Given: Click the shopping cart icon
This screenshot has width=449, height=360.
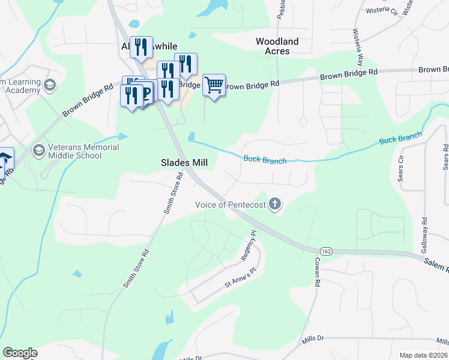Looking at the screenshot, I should click(214, 86).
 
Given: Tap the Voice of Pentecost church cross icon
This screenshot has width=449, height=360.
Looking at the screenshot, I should click(275, 204).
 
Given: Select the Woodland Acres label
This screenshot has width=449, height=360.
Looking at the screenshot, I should click(277, 46).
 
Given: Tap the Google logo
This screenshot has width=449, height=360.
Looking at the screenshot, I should click(20, 353).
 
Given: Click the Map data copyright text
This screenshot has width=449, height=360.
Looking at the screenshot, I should click(424, 355).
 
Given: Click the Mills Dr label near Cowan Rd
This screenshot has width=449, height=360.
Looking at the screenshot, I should click(313, 339).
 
